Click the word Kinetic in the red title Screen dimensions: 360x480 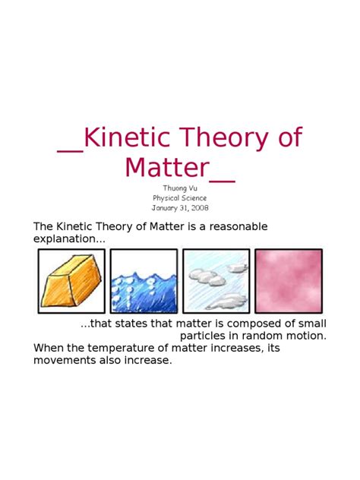pos(127,137)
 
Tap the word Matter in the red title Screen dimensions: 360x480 pos(167,167)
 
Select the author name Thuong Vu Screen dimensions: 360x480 pos(180,188)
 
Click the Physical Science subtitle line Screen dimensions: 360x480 pos(180,198)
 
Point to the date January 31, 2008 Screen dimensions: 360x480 pos(180,208)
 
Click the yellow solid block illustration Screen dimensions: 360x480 pos(71,281)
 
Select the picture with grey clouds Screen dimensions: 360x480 pos(216,281)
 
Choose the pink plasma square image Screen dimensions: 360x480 pos(289,281)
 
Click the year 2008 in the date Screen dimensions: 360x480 pos(201,208)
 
